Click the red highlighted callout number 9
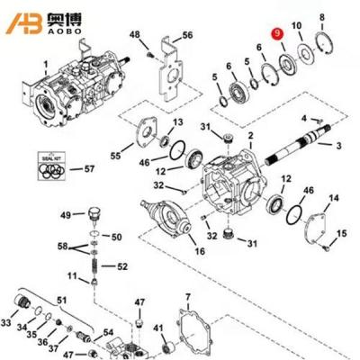278,33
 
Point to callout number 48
135,34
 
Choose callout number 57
88,168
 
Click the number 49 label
66,215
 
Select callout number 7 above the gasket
187,295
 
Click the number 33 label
8,321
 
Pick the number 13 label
178,121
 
